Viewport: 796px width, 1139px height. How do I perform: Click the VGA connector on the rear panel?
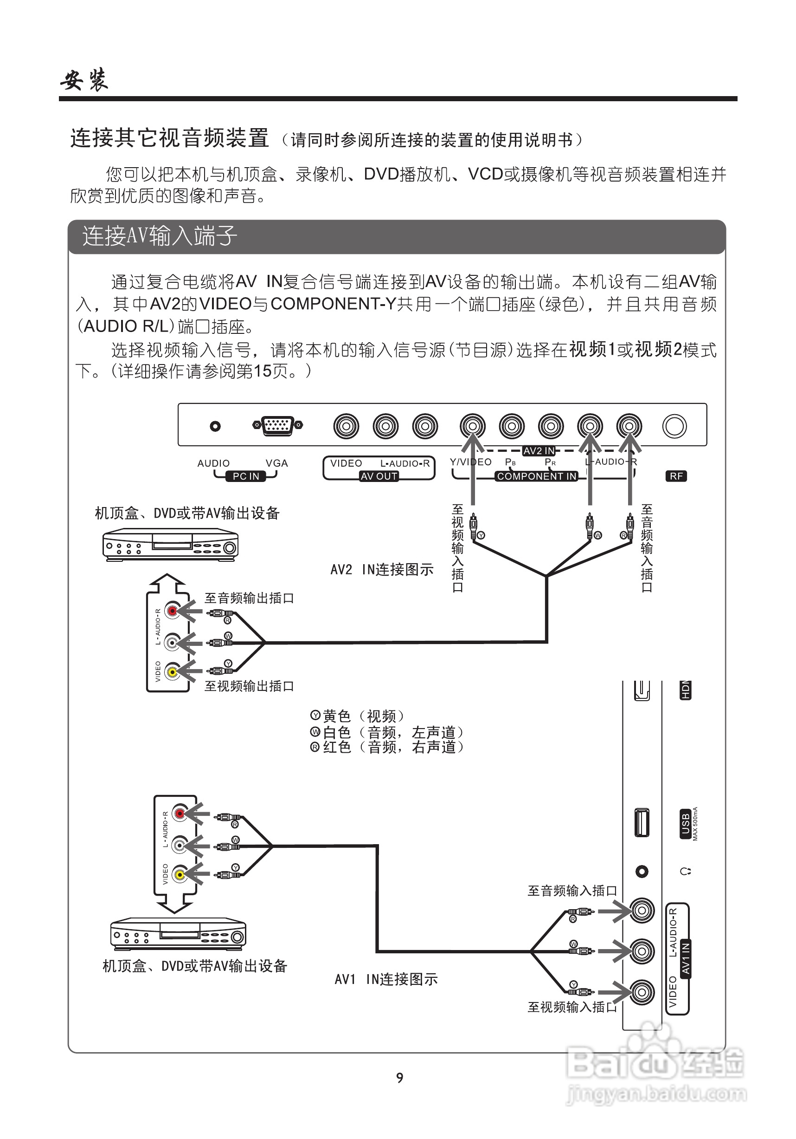[277, 425]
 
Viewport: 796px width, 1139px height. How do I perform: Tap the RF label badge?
[676, 476]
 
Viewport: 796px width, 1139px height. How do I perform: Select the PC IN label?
[246, 476]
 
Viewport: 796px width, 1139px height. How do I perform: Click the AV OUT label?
[379, 476]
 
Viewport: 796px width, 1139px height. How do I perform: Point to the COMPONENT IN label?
[537, 476]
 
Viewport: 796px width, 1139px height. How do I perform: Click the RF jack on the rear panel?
[674, 426]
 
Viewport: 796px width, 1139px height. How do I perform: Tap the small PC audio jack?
[215, 426]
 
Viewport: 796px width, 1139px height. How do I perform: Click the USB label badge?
[686, 824]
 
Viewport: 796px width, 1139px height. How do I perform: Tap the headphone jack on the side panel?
[642, 872]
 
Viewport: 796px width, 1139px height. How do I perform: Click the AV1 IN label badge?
[686, 958]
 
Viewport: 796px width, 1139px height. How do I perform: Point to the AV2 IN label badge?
[539, 451]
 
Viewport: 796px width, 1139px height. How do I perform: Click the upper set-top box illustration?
[170, 545]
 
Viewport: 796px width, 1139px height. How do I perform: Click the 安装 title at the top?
[84, 79]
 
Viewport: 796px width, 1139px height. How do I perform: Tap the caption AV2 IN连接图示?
[382, 569]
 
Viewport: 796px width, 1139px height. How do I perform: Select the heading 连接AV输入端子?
[160, 236]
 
